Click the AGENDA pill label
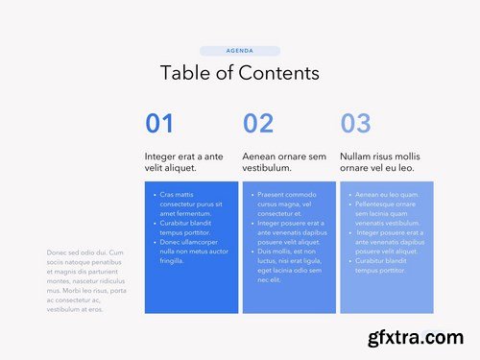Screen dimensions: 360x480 pos(240,51)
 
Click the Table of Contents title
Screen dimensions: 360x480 pos(240,73)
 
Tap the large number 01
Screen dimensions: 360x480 pos(159,123)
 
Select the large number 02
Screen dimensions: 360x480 pos(258,123)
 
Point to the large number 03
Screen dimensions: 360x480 pos(355,123)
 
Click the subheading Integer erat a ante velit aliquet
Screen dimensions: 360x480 pos(184,161)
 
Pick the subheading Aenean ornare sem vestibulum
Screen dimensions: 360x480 pos(284,161)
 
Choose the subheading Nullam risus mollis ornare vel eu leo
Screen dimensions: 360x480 pos(380,161)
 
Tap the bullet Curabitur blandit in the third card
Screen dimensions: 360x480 pos(384,265)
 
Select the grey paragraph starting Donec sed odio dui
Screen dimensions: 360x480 pos(86,280)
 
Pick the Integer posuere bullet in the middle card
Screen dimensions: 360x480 pos(288,232)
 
